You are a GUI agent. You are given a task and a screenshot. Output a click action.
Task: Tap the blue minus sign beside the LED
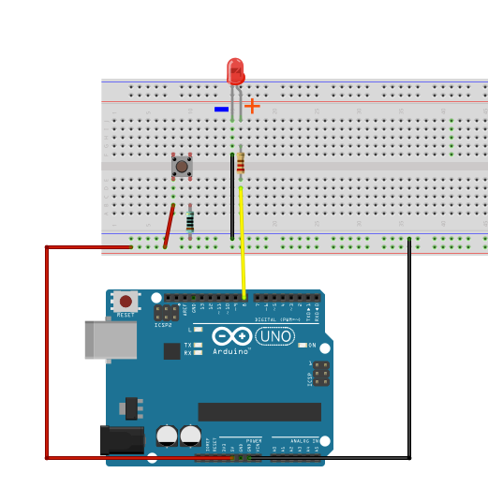tap(221, 109)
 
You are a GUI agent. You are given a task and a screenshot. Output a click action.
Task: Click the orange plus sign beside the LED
tap(252, 106)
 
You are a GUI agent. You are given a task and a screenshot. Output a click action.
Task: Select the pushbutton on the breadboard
tap(182, 167)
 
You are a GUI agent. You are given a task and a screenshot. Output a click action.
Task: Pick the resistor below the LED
tap(241, 165)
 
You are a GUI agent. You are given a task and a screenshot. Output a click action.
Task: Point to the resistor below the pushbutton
tap(190, 221)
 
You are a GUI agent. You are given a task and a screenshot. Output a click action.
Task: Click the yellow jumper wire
tap(243, 244)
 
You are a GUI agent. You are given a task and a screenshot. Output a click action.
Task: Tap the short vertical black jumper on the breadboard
tap(232, 197)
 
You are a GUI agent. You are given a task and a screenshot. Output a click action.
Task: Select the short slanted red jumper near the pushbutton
tap(170, 226)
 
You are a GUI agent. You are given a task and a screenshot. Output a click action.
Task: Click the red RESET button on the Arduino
tap(126, 302)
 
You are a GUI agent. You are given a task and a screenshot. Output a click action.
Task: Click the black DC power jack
tap(120, 440)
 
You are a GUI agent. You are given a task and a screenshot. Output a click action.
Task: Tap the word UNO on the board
tap(274, 336)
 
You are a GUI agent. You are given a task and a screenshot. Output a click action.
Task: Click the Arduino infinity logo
tap(231, 336)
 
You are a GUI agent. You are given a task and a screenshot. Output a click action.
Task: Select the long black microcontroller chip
tap(259, 412)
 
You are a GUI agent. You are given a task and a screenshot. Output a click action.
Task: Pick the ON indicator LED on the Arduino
tap(302, 345)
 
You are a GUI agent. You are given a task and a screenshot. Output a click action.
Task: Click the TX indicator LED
tap(198, 345)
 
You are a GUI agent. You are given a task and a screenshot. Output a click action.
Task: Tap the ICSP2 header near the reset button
tap(167, 312)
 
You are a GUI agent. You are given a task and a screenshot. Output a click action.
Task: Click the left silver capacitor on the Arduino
tap(167, 435)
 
